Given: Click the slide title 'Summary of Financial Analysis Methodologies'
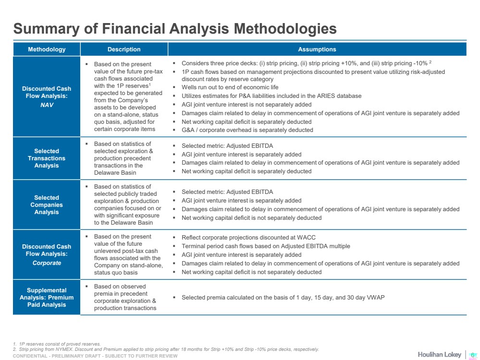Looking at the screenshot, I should (x=174, y=29).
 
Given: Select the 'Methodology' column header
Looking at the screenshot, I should (x=47, y=49).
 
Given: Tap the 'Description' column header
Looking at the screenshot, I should (x=124, y=49).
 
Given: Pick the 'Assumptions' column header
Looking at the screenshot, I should (x=317, y=49).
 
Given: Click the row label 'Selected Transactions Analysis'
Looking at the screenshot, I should (x=47, y=158).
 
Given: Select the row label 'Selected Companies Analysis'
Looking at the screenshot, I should (x=47, y=204).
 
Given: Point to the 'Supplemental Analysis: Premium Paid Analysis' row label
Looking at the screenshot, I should (x=47, y=297).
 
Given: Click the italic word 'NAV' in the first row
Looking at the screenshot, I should (x=47, y=105).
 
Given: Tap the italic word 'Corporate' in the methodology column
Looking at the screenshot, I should (x=47, y=263).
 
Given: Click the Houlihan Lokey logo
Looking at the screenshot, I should (x=439, y=354).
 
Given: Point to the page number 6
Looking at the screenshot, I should (x=472, y=354).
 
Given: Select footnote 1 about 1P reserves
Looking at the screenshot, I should (x=57, y=344).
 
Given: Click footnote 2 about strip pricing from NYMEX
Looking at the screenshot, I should (x=166, y=349).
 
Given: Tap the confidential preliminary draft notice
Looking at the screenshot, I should (x=95, y=356).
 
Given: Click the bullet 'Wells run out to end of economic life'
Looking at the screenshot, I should (x=230, y=87).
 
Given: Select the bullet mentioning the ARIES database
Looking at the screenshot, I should (x=271, y=96).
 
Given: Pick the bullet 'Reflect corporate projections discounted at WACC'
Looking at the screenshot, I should (x=248, y=237).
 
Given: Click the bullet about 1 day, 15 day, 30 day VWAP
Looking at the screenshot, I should (x=283, y=297).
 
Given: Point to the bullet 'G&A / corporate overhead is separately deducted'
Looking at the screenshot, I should (x=247, y=130).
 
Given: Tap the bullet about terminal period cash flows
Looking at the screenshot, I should (x=266, y=246).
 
